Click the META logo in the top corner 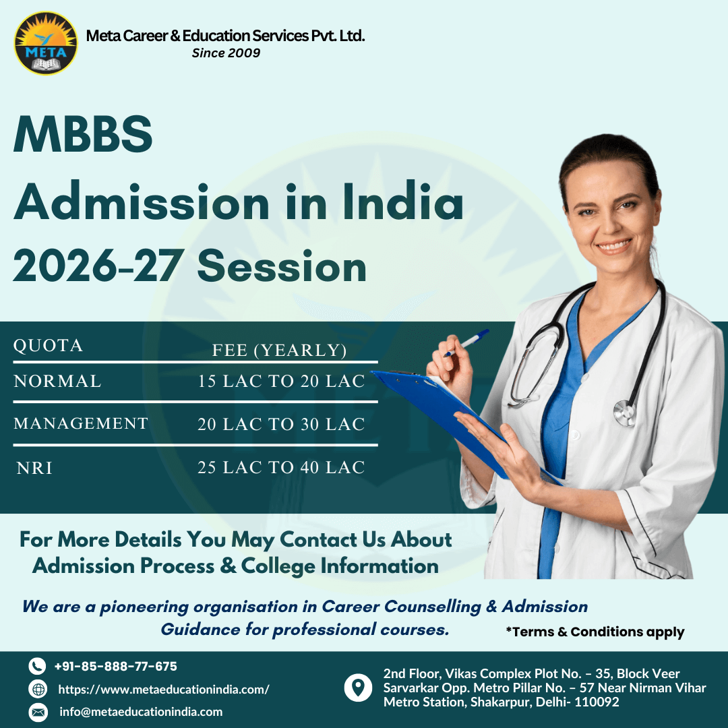click(x=46, y=43)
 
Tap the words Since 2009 click(x=226, y=53)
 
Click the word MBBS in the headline click(x=83, y=134)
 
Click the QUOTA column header click(x=48, y=346)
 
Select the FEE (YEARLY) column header click(x=279, y=351)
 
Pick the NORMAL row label click(x=57, y=382)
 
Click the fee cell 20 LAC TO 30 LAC click(x=281, y=425)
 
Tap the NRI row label click(x=34, y=468)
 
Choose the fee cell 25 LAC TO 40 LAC click(x=281, y=468)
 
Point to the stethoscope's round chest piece click(x=625, y=412)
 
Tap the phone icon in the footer click(x=38, y=667)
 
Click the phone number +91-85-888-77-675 click(x=115, y=667)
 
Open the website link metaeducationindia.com click(x=164, y=690)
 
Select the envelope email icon click(x=38, y=712)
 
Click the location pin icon click(x=358, y=688)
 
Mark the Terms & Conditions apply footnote click(x=595, y=632)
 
